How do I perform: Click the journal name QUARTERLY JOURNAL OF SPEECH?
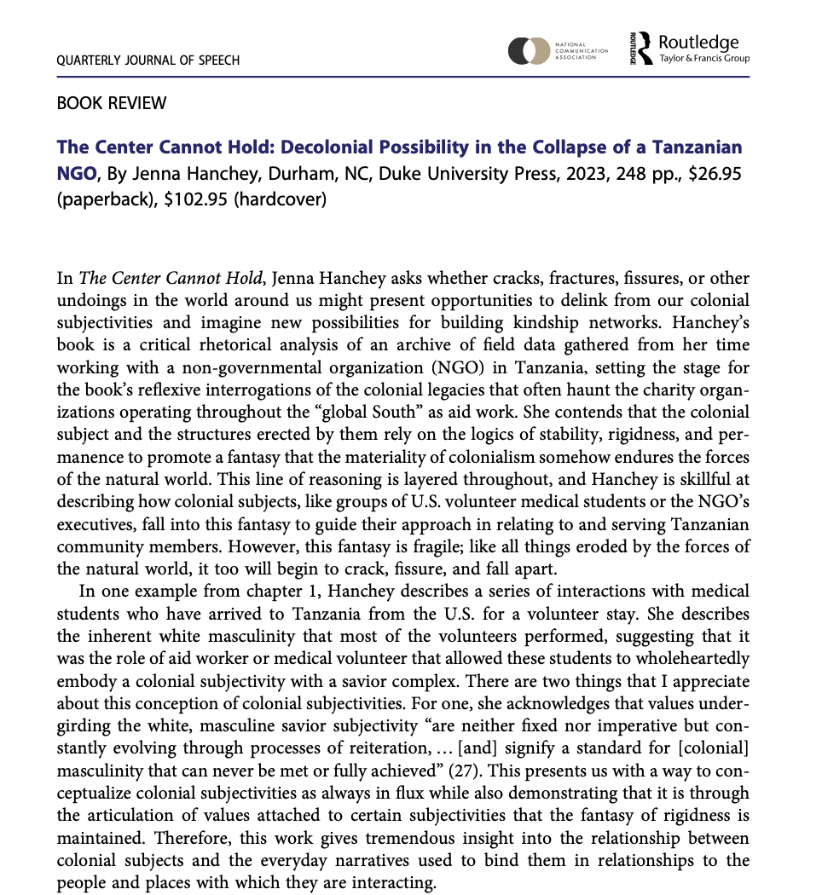pos(148,61)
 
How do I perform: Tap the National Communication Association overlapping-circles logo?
pos(528,51)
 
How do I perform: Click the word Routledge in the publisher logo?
pos(698,43)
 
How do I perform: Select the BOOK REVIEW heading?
pos(111,104)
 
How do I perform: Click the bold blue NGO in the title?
pos(77,175)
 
